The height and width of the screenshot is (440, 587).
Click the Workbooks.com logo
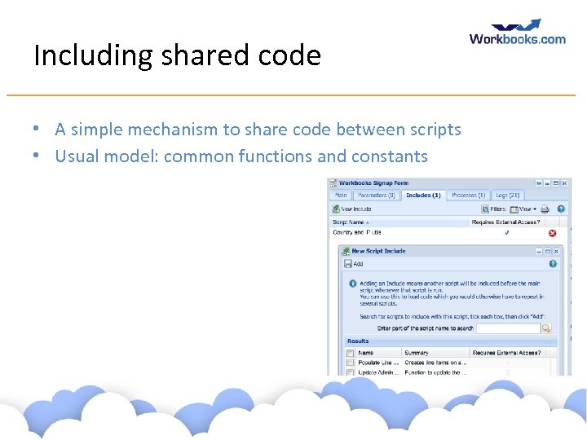coord(517,33)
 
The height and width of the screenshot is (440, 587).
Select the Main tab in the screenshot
coord(341,196)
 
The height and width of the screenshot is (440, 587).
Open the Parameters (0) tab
coord(376,196)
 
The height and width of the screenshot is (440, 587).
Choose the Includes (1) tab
coord(423,196)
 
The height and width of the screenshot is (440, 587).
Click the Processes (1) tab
coord(468,196)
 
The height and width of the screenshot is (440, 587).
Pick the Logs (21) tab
coord(507,196)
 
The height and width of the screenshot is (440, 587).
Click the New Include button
coord(352,209)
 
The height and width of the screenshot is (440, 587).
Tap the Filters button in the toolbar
coord(493,209)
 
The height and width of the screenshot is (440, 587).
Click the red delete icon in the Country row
coord(552,233)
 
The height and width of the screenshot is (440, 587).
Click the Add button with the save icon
coord(354,264)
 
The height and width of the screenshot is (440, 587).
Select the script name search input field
coord(508,328)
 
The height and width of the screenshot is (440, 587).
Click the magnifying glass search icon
coord(546,328)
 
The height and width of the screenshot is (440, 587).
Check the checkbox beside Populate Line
coord(351,363)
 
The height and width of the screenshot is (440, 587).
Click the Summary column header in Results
coord(416,353)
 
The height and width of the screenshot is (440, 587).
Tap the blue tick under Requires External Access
coord(506,232)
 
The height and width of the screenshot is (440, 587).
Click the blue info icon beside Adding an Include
coord(352,284)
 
